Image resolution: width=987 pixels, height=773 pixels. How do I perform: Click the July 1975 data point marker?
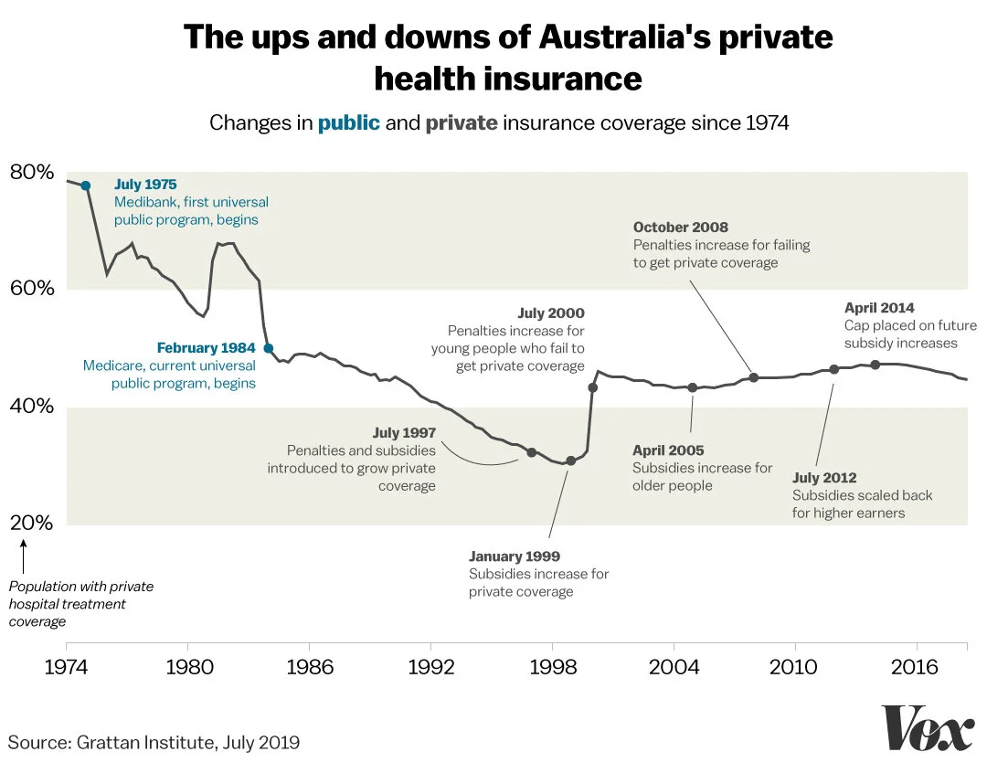[86, 185]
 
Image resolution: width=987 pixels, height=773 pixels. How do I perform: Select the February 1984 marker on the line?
[269, 348]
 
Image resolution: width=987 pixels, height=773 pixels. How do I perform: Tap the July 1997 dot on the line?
[531, 452]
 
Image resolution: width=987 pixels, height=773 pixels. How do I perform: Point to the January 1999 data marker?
[571, 461]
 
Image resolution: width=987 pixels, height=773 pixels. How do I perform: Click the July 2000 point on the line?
[593, 387]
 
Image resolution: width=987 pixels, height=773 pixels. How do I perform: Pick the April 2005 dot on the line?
[692, 387]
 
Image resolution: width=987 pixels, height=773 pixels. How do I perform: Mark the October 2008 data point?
[754, 377]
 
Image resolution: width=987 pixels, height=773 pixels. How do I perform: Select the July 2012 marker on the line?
[833, 369]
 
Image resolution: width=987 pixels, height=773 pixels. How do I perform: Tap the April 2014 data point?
[875, 365]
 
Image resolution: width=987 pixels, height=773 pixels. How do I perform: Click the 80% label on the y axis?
[32, 172]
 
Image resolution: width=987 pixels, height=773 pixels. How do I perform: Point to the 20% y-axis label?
[32, 524]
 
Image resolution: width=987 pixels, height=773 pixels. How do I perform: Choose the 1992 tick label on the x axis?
[430, 667]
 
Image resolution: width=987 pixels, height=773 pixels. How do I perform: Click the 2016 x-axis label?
[915, 667]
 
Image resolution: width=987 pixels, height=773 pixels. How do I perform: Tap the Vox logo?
[927, 729]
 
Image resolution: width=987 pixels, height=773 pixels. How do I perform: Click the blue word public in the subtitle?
[348, 122]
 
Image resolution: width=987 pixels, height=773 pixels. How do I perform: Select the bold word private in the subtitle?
[462, 122]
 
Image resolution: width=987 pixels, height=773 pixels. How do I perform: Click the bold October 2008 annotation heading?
[681, 228]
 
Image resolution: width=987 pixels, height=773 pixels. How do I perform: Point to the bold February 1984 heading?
[206, 348]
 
